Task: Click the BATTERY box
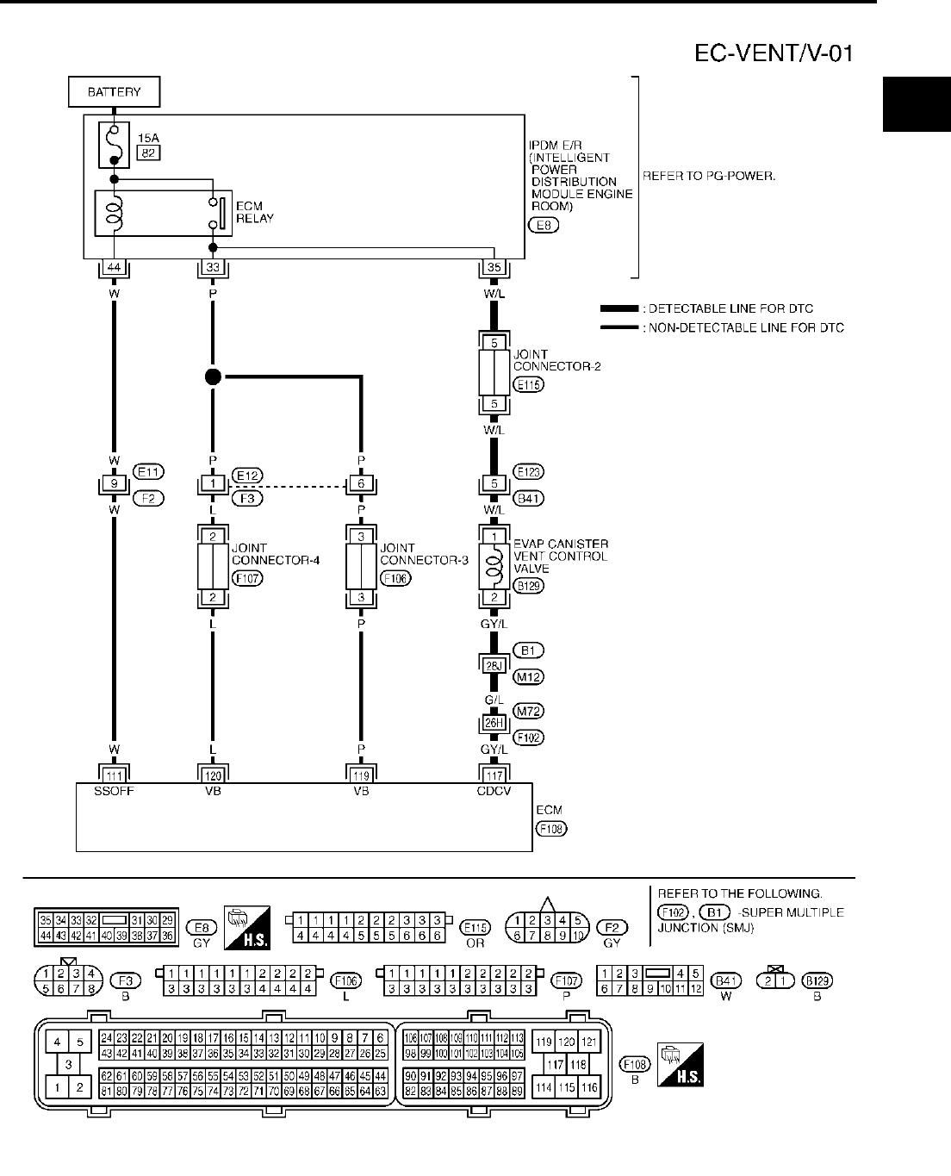114,91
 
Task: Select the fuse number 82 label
148,153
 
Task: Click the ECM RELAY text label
254,212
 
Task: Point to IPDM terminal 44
113,267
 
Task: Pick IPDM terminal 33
213,267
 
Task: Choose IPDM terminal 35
494,267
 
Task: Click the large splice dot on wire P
213,376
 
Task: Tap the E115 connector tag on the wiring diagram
527,385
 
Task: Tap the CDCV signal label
494,791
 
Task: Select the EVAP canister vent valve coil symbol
494,567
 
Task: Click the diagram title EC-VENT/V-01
774,53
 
